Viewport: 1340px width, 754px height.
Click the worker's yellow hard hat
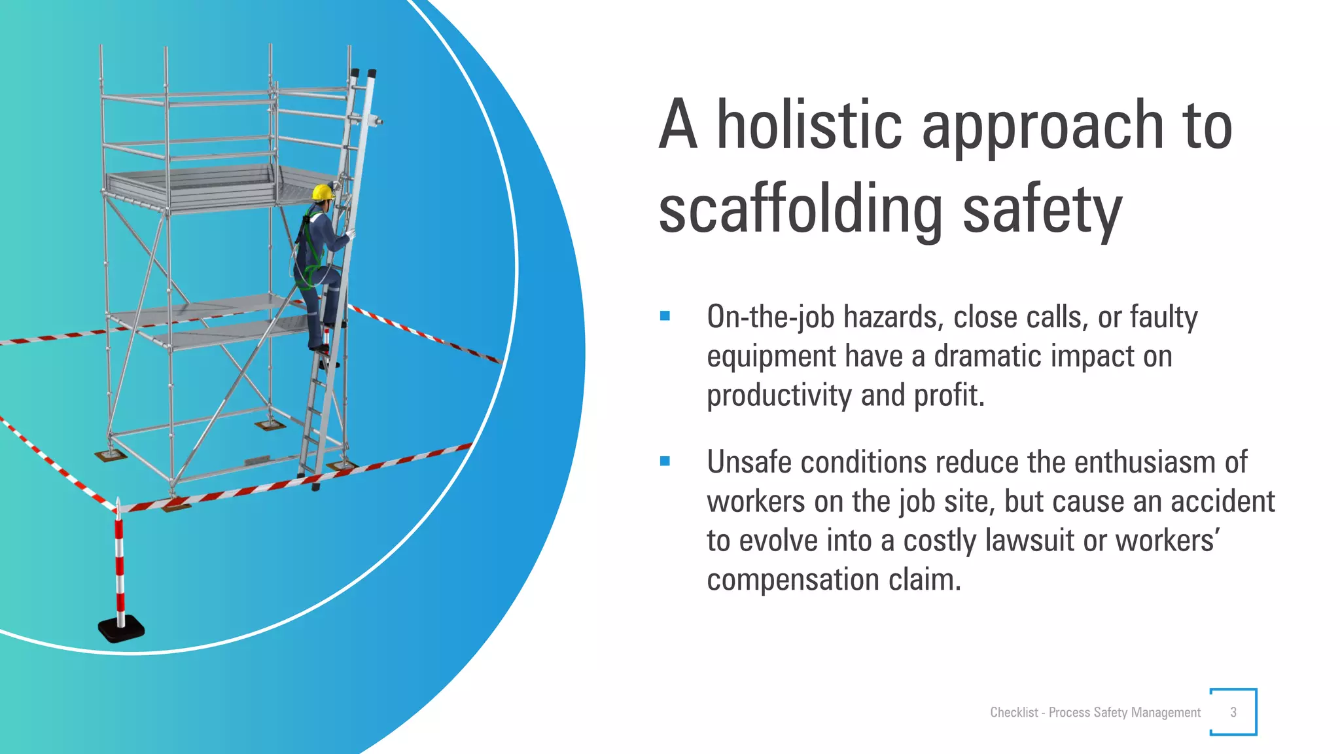(x=323, y=192)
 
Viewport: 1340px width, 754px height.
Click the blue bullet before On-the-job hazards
(x=665, y=316)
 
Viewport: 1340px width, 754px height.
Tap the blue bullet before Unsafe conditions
(x=665, y=461)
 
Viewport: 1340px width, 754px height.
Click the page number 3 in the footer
(x=1233, y=712)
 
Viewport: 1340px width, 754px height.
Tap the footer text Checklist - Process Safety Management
(x=1095, y=712)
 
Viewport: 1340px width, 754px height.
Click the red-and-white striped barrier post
(x=120, y=563)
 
